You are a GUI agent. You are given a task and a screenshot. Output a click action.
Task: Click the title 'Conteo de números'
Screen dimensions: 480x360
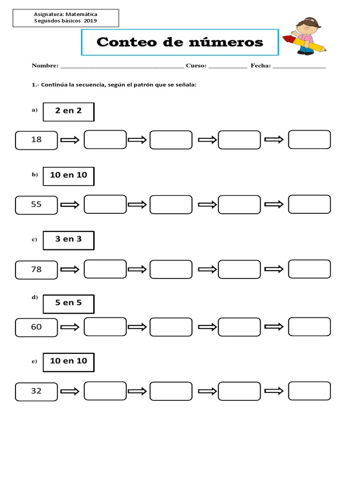tap(180, 43)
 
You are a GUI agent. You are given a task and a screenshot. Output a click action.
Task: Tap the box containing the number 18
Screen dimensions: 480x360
tap(37, 140)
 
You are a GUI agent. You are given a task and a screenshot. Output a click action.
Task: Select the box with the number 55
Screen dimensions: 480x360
tap(37, 204)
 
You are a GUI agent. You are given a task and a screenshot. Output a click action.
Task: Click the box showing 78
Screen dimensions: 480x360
tap(37, 270)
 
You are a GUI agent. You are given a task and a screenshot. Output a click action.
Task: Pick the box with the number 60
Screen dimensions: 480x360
tap(37, 327)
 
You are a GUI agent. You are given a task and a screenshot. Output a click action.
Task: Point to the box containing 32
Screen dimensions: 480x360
tap(37, 391)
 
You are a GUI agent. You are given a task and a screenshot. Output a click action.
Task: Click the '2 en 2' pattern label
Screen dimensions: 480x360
tap(68, 112)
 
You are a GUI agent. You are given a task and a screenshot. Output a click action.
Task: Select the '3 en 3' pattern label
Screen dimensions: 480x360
tap(68, 240)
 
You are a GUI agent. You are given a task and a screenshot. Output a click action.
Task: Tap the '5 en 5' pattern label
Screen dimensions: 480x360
tap(68, 303)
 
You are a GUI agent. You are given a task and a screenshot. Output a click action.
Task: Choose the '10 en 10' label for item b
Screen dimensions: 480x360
tap(68, 175)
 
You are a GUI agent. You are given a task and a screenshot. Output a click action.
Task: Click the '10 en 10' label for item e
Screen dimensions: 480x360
tap(68, 361)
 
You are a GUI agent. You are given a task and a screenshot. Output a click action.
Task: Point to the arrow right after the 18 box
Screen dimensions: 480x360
tap(71, 140)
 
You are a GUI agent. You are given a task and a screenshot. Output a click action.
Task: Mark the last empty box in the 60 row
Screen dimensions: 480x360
tap(309, 327)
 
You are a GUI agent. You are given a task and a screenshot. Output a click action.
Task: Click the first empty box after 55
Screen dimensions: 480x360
tap(105, 204)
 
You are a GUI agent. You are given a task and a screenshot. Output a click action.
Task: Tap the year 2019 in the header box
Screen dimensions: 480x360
tap(90, 21)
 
